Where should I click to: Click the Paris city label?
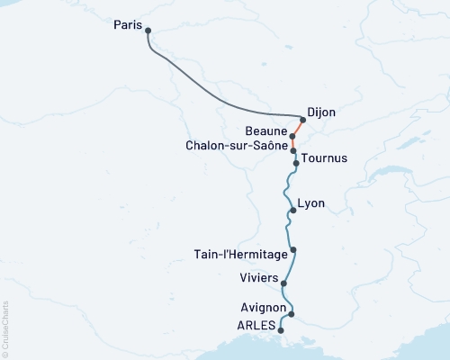(x=128, y=25)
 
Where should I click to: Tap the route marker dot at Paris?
(x=148, y=31)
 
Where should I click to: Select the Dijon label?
(x=321, y=112)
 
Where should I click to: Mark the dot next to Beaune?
(x=293, y=137)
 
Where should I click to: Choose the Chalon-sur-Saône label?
(x=237, y=144)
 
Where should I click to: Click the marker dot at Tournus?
(x=295, y=164)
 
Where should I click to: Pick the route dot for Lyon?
(x=292, y=211)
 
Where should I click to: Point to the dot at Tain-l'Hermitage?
(x=293, y=249)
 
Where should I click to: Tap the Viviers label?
(x=259, y=277)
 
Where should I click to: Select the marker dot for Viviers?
(x=284, y=283)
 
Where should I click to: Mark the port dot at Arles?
(x=282, y=330)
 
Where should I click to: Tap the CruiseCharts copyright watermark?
(x=5, y=328)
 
